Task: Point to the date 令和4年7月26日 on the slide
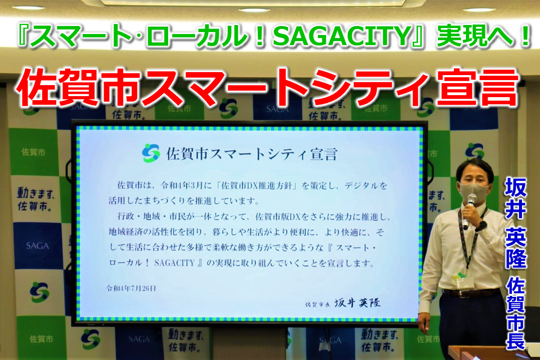tap(131, 288)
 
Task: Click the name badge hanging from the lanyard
tap(464, 283)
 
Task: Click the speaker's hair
tap(473, 169)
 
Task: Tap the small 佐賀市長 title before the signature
tap(319, 304)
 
